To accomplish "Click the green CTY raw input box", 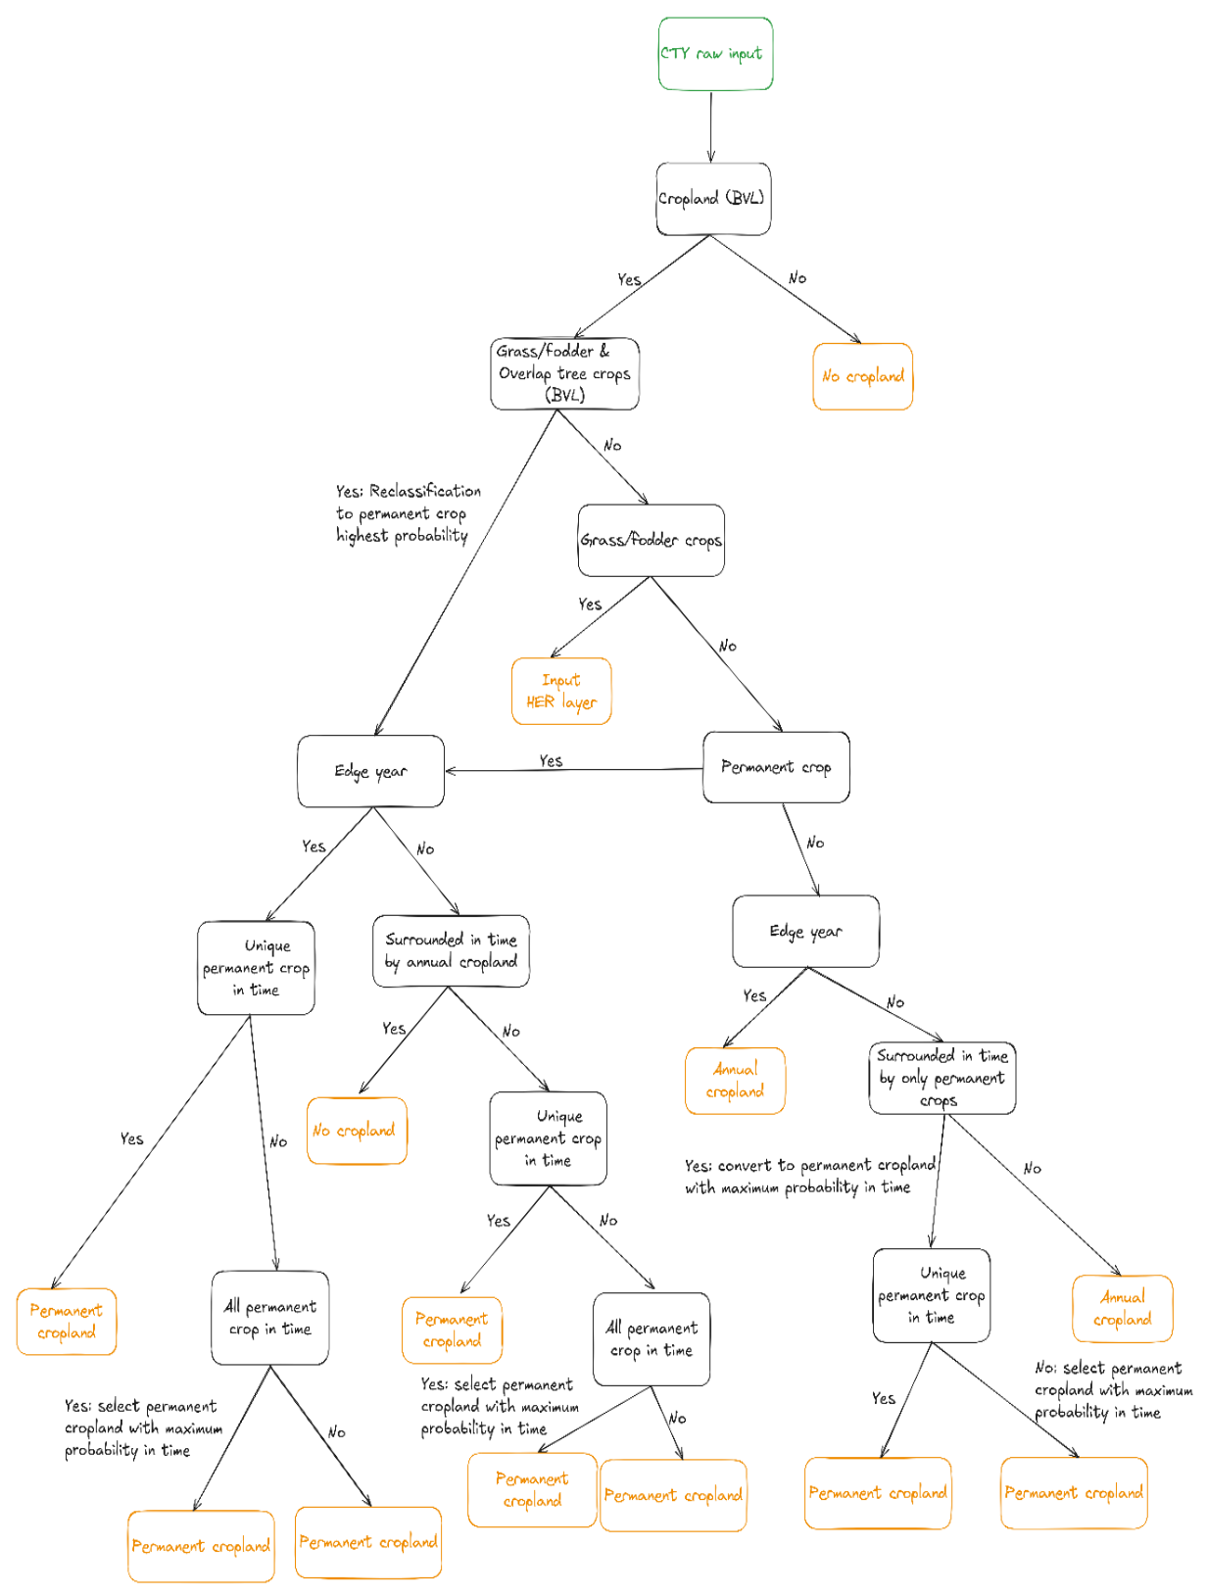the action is point(715,54).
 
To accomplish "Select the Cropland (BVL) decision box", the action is point(713,198).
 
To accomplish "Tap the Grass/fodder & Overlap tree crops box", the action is point(564,373).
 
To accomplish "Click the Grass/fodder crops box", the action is point(652,540).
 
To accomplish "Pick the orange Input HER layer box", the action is point(561,691).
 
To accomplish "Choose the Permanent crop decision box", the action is point(776,767).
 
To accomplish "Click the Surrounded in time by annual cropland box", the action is point(451,950).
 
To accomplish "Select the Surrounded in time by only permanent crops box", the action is point(942,1078).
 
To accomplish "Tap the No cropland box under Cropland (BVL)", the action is point(862,376).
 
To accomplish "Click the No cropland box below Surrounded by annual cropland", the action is point(357,1131).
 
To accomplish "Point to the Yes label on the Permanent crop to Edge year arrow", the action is point(551,761).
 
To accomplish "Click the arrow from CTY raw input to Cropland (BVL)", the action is point(710,126).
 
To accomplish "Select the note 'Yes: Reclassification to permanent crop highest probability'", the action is point(408,513).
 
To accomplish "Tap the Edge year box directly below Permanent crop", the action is point(806,931).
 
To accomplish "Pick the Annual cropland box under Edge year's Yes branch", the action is point(736,1081).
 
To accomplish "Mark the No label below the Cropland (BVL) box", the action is point(797,277).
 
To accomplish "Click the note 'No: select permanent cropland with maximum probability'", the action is point(1113,1390).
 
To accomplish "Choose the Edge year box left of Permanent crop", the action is point(370,771).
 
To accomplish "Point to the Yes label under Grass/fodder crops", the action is point(590,604).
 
